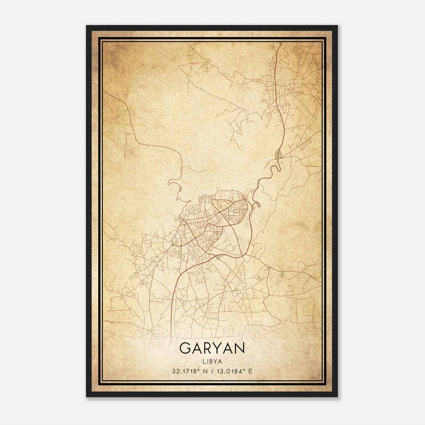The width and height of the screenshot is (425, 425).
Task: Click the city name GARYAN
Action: tap(212, 348)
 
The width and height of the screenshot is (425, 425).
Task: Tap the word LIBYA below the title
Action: tap(212, 362)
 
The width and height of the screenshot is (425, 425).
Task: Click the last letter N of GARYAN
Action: tap(238, 348)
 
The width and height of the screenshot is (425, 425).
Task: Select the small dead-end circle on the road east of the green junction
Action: tap(296, 161)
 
